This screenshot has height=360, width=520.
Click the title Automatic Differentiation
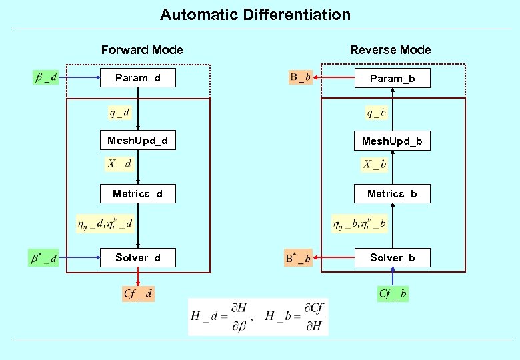[x=255, y=15]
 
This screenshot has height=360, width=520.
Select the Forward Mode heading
[x=142, y=50]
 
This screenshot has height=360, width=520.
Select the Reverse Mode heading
[x=390, y=50]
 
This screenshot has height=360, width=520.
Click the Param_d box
[x=137, y=78]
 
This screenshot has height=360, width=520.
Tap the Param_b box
[x=392, y=79]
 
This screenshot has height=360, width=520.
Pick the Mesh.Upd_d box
[x=137, y=141]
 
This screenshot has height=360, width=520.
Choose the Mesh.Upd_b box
[x=392, y=141]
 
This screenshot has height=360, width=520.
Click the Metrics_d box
[x=137, y=194]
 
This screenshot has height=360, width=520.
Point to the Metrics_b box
[x=392, y=194]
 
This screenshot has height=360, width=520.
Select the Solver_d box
[x=137, y=258]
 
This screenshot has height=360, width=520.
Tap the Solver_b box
[x=392, y=258]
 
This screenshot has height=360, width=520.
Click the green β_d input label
[x=45, y=78]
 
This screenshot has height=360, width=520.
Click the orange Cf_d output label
[x=138, y=293]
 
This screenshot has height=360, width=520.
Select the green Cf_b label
[x=393, y=293]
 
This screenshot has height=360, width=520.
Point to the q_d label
[x=120, y=113]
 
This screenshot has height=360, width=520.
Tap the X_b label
[x=375, y=164]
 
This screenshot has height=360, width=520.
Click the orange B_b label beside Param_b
[x=299, y=78]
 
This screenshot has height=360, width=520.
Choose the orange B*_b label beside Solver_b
[x=298, y=258]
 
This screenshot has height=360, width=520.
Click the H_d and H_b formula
[x=258, y=316]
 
